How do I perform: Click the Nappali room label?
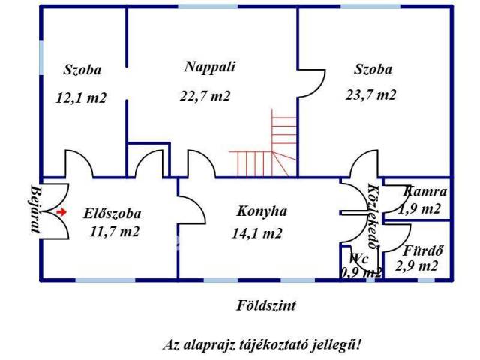pos(210,67)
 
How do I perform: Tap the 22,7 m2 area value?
pos(205,96)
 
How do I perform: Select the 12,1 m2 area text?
pos(82,97)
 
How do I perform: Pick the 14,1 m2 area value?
pos(256,233)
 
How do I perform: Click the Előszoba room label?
pos(112,212)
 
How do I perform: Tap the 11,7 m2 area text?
pos(112,232)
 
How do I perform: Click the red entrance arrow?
pos(61,212)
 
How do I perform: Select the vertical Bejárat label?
pos(34,211)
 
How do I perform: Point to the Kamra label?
pos(426,192)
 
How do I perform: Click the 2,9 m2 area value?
pos(418,266)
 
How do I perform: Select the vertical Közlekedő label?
pos(373,217)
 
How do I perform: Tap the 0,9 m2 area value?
pos(361,272)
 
